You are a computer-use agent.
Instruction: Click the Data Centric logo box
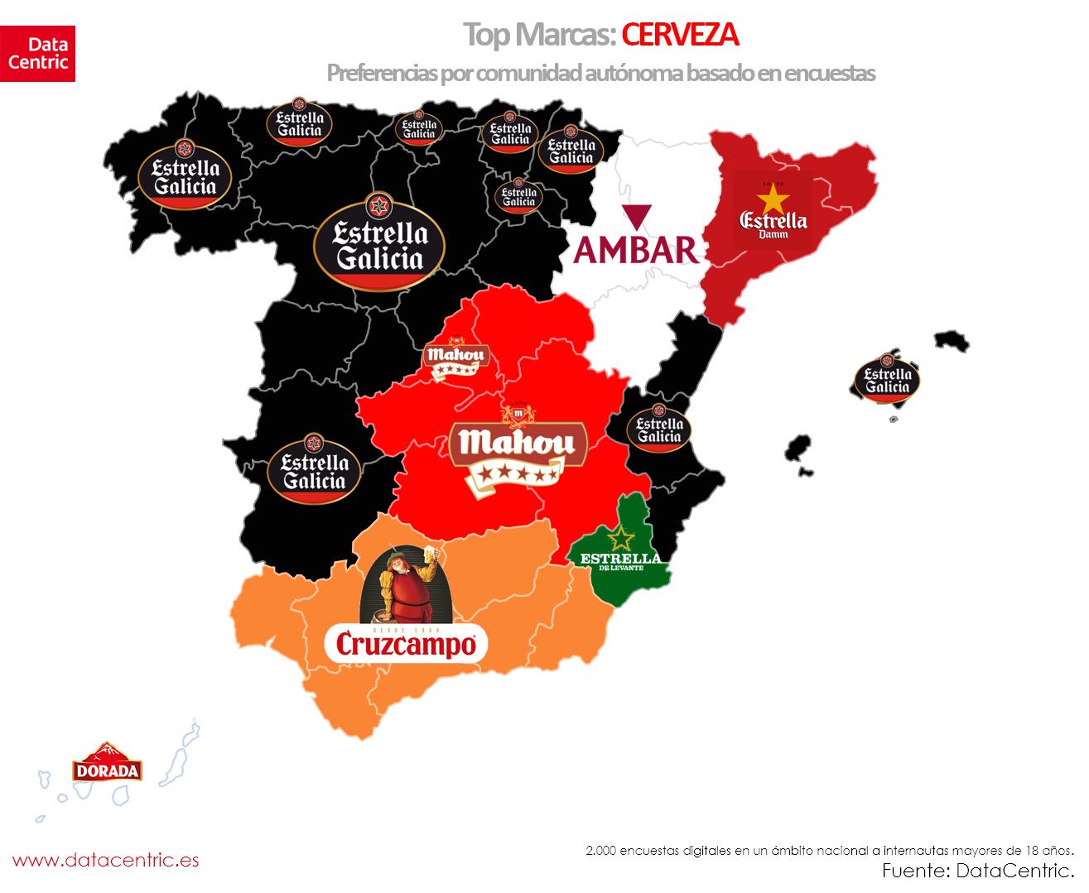(x=37, y=54)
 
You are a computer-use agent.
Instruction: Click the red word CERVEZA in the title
(x=679, y=35)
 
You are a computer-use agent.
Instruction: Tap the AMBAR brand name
(x=638, y=249)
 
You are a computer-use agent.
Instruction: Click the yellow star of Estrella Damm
(x=772, y=199)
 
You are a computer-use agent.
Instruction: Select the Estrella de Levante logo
(x=620, y=550)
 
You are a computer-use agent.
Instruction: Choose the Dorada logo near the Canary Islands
(x=107, y=762)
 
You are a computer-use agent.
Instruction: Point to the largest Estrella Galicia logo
(x=379, y=243)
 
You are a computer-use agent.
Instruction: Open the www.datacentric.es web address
(x=105, y=860)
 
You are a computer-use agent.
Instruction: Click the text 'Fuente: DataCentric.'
(x=977, y=870)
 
